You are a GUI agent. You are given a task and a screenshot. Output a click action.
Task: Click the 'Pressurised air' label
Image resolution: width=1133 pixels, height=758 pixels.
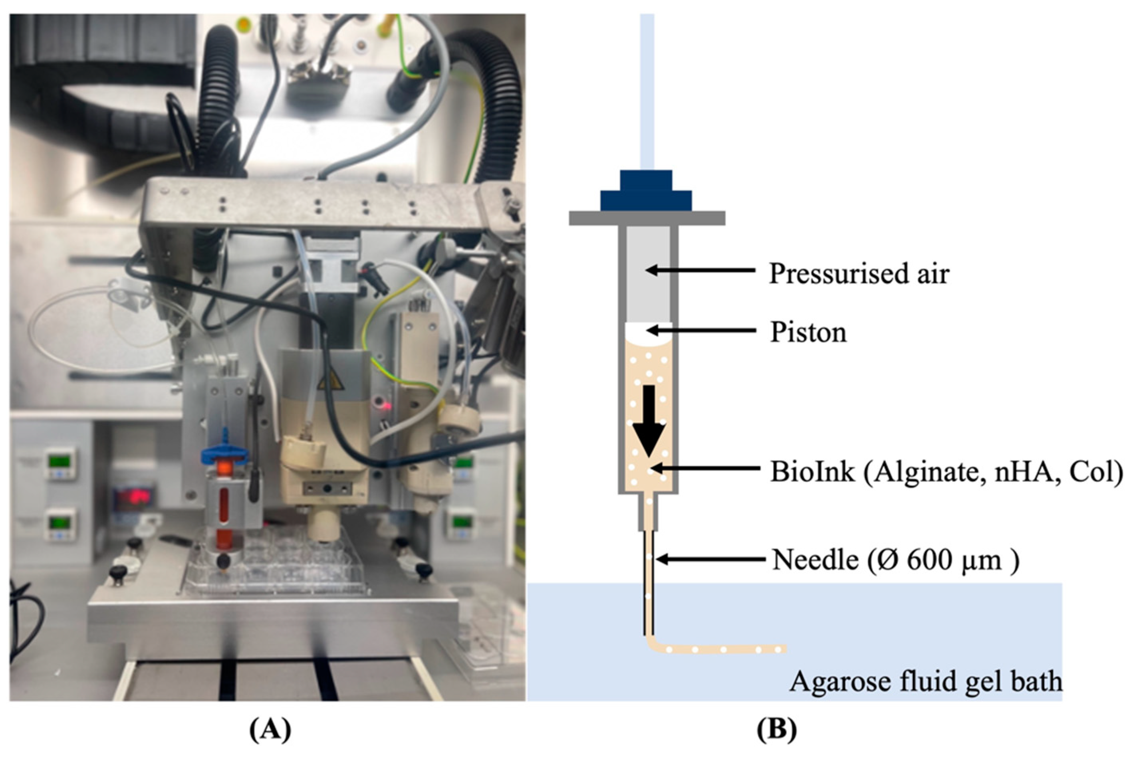pyautogui.click(x=858, y=273)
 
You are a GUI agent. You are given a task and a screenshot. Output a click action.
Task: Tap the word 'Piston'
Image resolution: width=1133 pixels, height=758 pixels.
pyautogui.click(x=808, y=332)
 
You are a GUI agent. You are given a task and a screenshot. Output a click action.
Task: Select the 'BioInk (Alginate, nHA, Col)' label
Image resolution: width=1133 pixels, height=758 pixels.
pyautogui.click(x=946, y=471)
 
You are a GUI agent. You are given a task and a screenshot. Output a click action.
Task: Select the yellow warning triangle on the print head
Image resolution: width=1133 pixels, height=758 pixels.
pyautogui.click(x=330, y=382)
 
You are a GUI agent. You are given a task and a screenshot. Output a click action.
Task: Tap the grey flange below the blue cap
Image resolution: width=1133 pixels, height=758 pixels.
pyautogui.click(x=647, y=218)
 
